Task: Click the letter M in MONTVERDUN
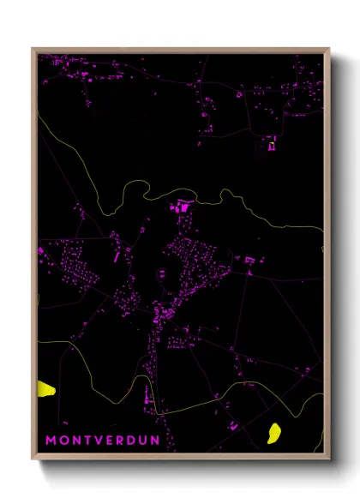(x=51, y=441)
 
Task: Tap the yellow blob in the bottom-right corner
(x=275, y=434)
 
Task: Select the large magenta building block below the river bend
(x=182, y=207)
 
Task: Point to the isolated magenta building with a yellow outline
(x=272, y=146)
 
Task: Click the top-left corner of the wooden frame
(x=33, y=48)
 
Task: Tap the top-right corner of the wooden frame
(x=329, y=48)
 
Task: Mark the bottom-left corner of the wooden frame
(x=33, y=459)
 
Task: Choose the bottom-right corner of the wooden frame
(x=329, y=459)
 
